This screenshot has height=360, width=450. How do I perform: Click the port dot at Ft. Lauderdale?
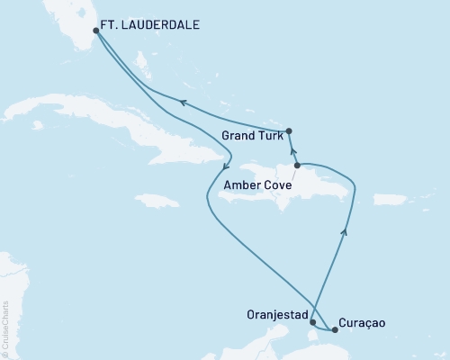pos(96,30)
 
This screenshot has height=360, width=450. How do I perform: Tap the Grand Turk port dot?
pos(290,130)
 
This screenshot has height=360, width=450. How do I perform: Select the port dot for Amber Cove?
pos(297,166)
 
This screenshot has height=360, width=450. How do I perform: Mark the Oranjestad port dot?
pos(312,321)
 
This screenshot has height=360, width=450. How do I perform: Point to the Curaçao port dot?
pos(335,329)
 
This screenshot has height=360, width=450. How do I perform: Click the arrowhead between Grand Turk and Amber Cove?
pos(293,150)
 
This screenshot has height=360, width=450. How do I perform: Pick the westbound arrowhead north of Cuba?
pos(182,103)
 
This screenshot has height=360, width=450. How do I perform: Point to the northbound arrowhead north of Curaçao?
pos(345,231)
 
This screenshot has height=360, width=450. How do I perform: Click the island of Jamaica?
pos(157,201)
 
